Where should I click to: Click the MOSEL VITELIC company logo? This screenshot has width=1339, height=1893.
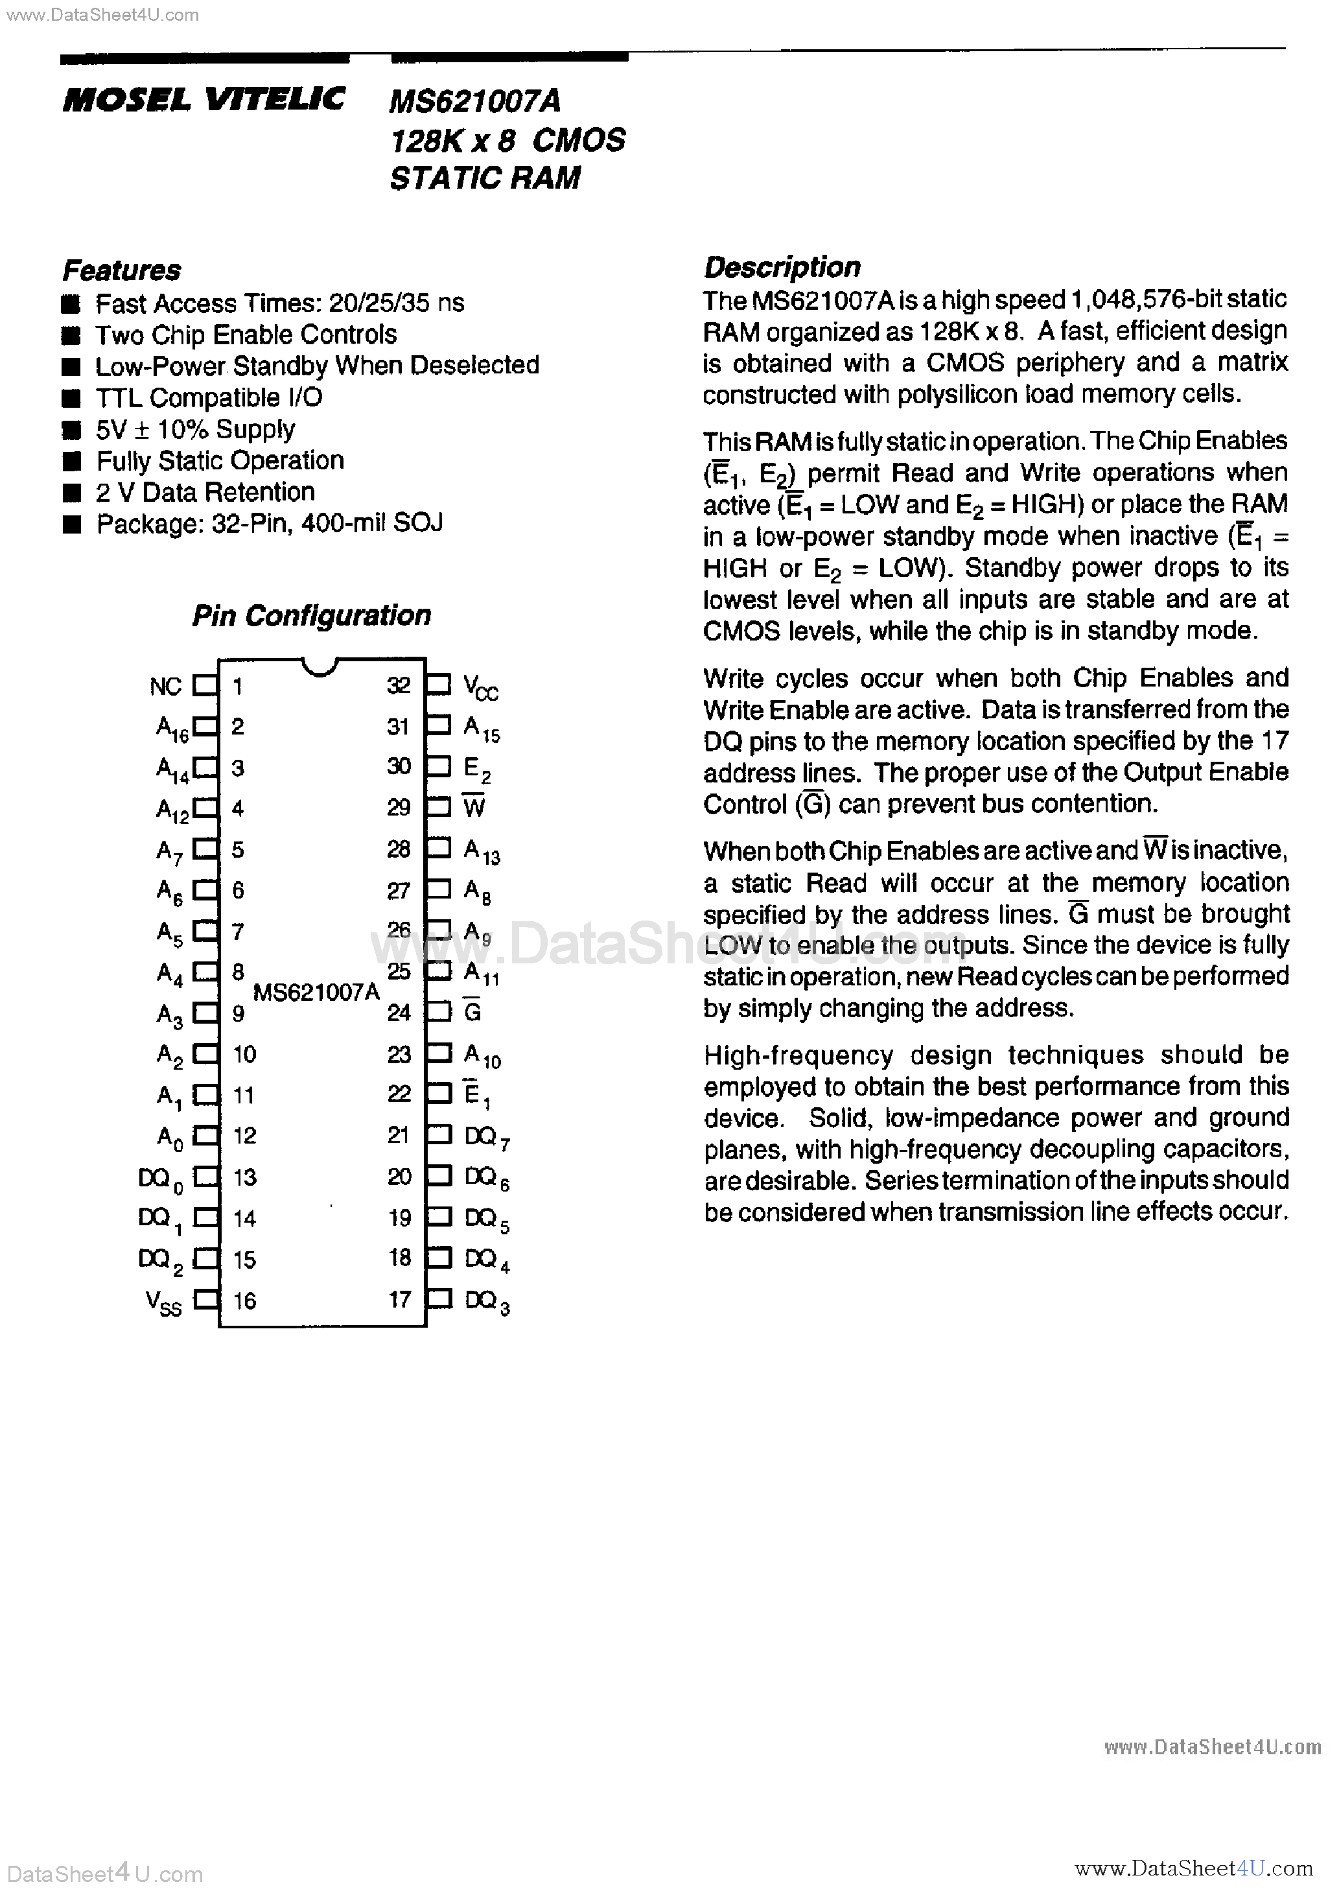coord(204,100)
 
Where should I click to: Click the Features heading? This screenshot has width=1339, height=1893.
coord(121,270)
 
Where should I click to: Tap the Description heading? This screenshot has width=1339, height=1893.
coord(782,267)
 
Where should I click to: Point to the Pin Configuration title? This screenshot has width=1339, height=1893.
coord(311,616)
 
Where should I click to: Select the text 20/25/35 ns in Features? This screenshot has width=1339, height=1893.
coord(396,303)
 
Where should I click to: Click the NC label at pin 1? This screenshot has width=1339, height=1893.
coord(165,687)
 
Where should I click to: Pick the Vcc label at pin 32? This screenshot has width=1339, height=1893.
coord(480,686)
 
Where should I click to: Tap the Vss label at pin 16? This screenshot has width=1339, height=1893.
coord(163,1302)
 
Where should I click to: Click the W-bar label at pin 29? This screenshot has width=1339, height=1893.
coord(473,807)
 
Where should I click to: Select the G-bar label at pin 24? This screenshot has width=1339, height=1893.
coord(472,1011)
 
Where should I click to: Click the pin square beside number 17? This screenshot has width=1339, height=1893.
coord(439,1300)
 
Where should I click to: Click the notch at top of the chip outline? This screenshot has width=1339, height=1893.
coord(320,666)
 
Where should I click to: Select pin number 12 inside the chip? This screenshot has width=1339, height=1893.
coord(245,1136)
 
